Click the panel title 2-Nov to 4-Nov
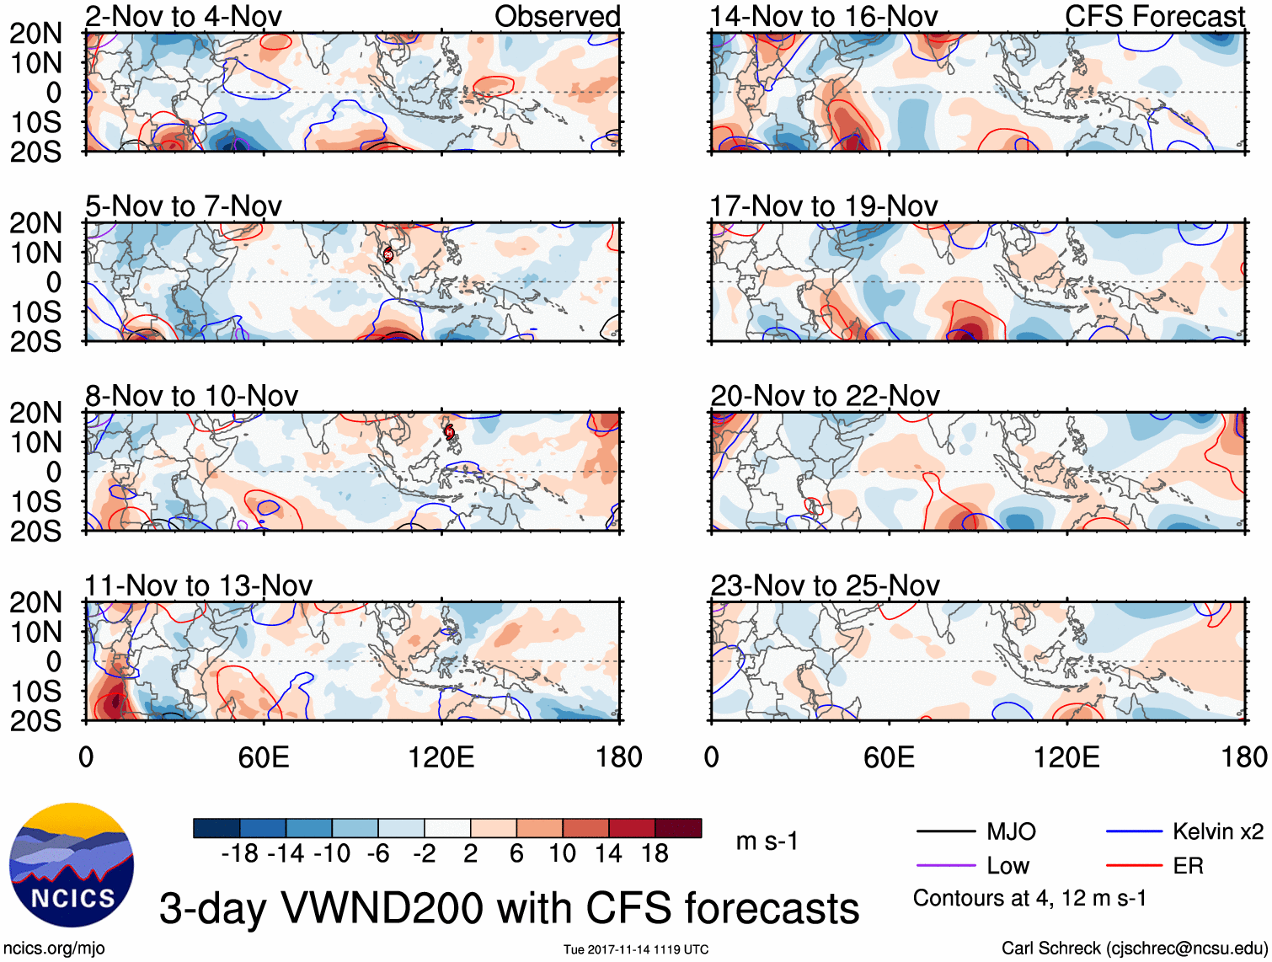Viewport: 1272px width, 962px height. click(x=183, y=16)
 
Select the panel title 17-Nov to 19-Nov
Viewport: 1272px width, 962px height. click(x=823, y=206)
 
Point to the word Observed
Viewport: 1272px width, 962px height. click(x=557, y=16)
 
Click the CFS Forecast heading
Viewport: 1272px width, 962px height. click(x=1154, y=16)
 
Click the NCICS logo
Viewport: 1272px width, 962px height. click(x=72, y=865)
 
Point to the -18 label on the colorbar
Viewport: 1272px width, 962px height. click(x=240, y=854)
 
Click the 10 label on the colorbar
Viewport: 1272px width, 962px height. click(x=562, y=854)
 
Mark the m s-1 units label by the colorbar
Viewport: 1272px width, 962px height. click(x=767, y=842)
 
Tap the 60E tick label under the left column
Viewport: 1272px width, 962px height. click(x=264, y=757)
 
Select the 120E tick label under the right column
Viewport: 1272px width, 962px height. click(x=1066, y=757)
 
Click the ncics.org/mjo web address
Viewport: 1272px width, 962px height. click(x=54, y=949)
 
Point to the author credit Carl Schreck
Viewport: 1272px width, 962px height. click(x=1133, y=949)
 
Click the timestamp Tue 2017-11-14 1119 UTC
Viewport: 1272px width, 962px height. click(x=636, y=949)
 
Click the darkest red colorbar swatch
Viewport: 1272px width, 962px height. click(x=678, y=828)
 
